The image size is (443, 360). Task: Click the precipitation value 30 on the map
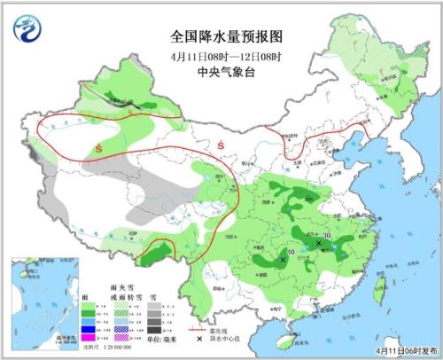coord(327,235)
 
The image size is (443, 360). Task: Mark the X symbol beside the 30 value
coord(318,242)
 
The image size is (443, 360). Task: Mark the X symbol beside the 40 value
coord(283,260)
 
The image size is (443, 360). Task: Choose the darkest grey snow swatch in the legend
coord(154,327)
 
